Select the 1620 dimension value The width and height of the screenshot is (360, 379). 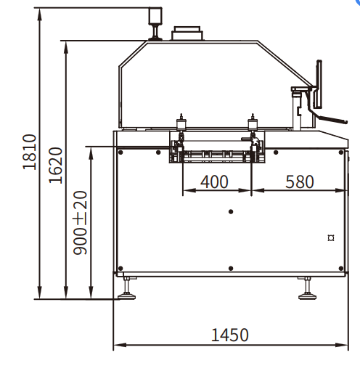(56, 165)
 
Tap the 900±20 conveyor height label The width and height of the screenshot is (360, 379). (81, 221)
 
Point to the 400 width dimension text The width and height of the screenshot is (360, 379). (214, 182)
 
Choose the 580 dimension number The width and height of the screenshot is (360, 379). (299, 182)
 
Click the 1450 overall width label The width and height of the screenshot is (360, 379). (229, 335)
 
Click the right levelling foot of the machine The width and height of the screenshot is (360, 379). (306, 290)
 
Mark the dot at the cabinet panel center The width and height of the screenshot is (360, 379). (230, 211)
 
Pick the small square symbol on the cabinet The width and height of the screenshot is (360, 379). (330, 237)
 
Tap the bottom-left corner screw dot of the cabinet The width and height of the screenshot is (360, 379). (120, 268)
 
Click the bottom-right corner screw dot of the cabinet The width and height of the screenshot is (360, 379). (340, 268)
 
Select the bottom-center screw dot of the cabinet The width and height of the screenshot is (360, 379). (230, 268)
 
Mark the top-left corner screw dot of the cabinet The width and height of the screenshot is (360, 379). (120, 152)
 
